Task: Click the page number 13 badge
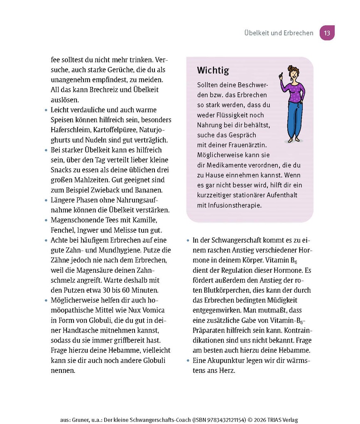tap(327, 33)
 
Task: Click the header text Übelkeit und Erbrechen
tap(279, 33)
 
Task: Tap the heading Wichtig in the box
tap(213, 71)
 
